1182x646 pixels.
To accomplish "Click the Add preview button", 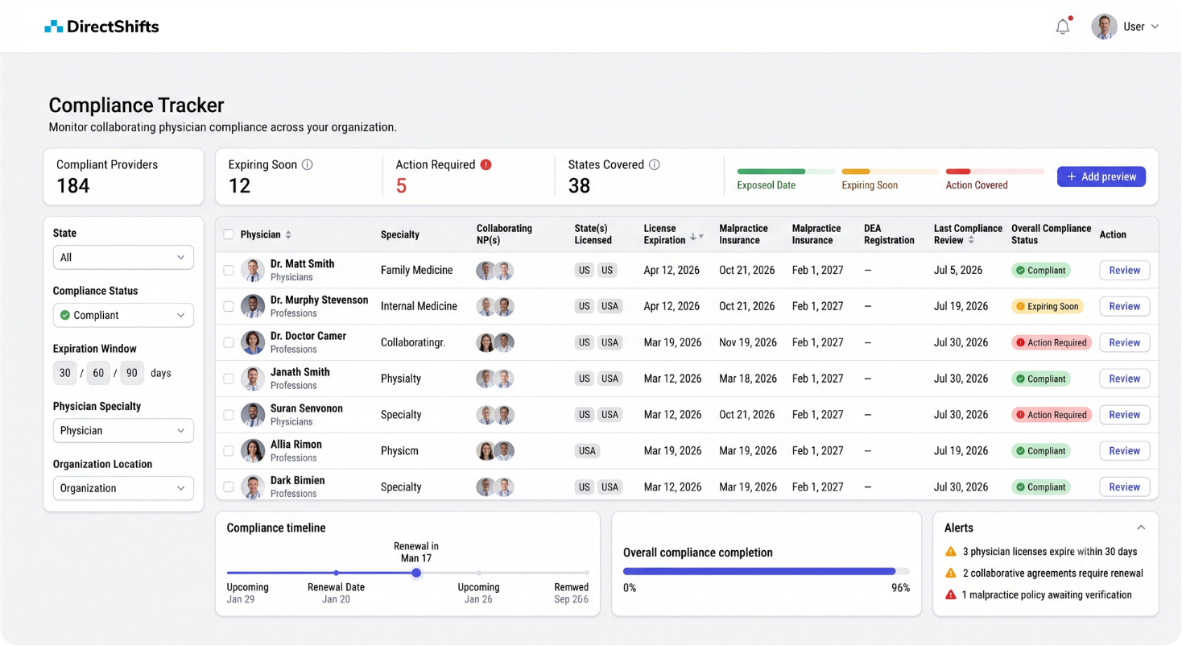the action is [x=1101, y=176].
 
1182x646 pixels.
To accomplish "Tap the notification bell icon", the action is [x=1063, y=27].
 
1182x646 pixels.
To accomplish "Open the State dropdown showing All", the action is [x=123, y=258].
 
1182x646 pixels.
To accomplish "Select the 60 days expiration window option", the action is [x=98, y=373].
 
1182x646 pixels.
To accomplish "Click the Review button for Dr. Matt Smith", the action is [x=1125, y=270].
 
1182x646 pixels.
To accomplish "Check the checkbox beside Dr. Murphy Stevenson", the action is [x=229, y=307].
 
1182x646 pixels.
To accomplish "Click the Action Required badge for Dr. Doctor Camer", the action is [x=1051, y=342].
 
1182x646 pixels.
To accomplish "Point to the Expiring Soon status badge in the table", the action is [x=1048, y=307].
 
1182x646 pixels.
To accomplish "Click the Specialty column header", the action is [x=400, y=234].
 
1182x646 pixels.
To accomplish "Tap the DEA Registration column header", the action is [x=889, y=234].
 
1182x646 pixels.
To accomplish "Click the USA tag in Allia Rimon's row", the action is [x=587, y=451].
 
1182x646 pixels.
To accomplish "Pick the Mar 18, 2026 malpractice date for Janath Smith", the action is [x=748, y=379].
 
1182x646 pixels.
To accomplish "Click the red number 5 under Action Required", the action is [x=401, y=186].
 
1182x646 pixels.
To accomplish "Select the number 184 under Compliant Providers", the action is [x=72, y=186].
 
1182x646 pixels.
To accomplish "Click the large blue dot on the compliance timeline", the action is [x=416, y=573].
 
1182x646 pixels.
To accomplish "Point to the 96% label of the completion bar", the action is [x=900, y=588].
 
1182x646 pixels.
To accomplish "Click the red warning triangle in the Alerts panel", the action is [x=950, y=594].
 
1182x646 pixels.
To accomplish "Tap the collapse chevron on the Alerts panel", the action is [x=1141, y=528].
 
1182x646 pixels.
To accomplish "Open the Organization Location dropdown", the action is [x=123, y=488].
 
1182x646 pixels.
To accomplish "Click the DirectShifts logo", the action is [x=101, y=27].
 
